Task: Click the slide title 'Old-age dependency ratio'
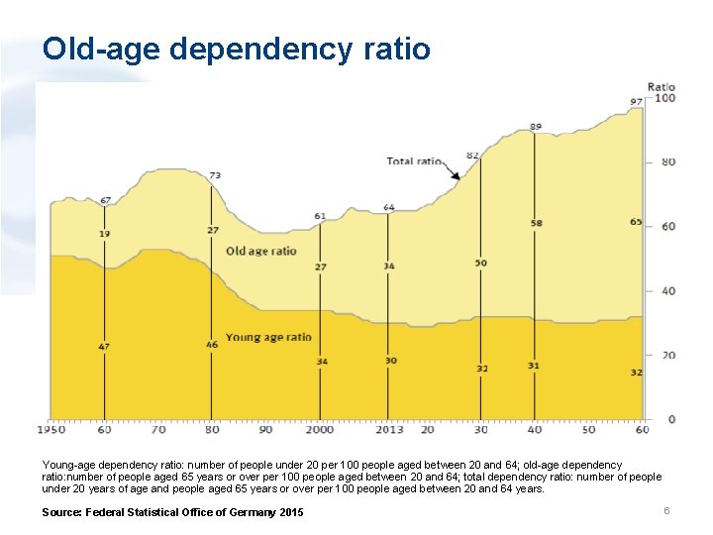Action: click(x=237, y=49)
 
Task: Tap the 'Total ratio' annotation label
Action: click(x=414, y=160)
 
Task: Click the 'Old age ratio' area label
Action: click(x=261, y=252)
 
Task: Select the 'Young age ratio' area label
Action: click(x=268, y=337)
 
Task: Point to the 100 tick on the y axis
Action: click(x=664, y=98)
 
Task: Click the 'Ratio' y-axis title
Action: click(x=661, y=86)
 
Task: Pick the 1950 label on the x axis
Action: click(x=51, y=431)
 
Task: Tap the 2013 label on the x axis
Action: click(x=388, y=431)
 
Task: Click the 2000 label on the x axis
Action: click(x=320, y=431)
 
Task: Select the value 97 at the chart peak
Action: click(x=636, y=102)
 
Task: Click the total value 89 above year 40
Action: click(x=536, y=127)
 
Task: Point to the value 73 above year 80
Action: click(x=214, y=175)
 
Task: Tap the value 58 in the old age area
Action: click(x=536, y=224)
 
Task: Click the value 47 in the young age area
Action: click(x=104, y=347)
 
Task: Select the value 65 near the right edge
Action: click(x=636, y=222)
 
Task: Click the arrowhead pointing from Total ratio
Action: click(x=457, y=176)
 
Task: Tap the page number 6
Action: click(x=667, y=510)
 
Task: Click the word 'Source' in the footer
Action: click(x=60, y=512)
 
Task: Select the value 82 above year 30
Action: click(x=472, y=156)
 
